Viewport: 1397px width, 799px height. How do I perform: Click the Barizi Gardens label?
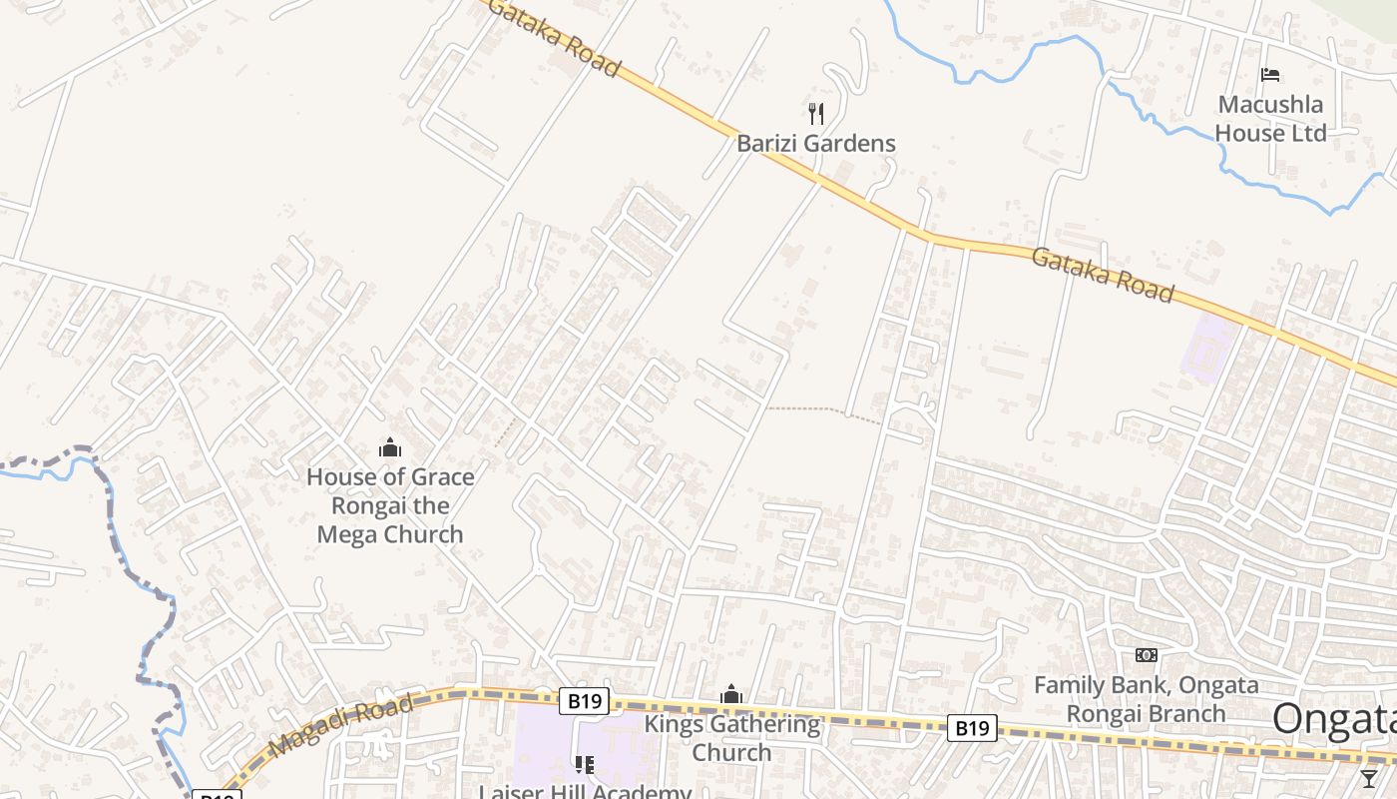(816, 143)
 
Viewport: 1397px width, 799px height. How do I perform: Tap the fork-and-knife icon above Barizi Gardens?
(816, 112)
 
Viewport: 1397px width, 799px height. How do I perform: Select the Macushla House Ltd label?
(1270, 118)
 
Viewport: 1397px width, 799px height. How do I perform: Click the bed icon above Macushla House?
(1270, 75)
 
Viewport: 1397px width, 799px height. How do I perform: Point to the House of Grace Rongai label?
(390, 476)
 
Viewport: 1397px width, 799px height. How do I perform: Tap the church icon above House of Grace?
(390, 447)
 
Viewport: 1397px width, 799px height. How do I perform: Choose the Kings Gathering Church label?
(731, 738)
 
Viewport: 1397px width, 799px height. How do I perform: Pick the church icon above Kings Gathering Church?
(731, 694)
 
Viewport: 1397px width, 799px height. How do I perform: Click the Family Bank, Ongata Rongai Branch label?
(1146, 699)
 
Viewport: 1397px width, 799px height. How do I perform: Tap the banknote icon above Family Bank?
(1147, 655)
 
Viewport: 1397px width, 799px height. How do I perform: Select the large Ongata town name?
(1334, 719)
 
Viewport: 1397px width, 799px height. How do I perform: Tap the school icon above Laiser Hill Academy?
(585, 765)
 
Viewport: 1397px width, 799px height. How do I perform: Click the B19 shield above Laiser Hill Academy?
(584, 701)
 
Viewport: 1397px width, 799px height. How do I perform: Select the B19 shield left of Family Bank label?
(971, 728)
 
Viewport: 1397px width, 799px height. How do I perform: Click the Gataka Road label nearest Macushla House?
(1102, 274)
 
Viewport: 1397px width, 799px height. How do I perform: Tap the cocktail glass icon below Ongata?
(1369, 778)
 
